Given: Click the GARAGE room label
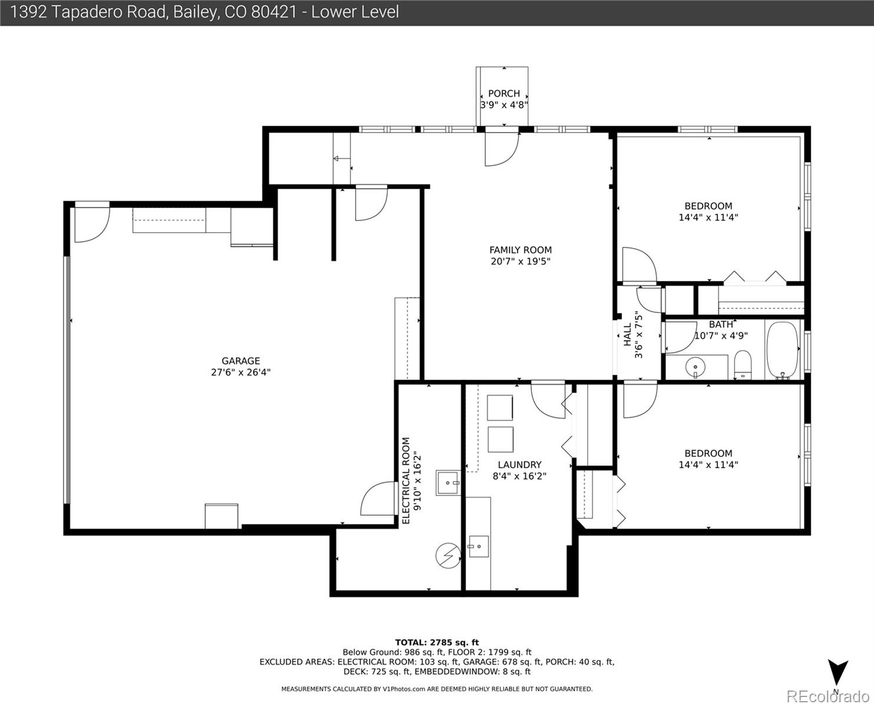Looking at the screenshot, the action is coord(241,361).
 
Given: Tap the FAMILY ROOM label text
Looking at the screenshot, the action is coord(520,250).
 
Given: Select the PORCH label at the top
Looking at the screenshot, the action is coord(504,94).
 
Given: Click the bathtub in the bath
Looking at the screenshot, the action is coord(782,350).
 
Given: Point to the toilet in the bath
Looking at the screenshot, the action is coord(742,365).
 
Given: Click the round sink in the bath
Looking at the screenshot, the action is coord(695,366).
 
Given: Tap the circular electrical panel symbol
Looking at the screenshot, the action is coord(448,556).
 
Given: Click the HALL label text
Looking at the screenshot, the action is coord(627,335).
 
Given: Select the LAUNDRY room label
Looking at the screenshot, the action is coord(519,464).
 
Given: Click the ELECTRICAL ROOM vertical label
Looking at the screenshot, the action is coord(406,481).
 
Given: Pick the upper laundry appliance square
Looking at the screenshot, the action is coord(500,408).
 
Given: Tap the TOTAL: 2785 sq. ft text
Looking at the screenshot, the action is coord(437,642).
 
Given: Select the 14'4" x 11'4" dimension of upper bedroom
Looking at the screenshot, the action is coord(709,217).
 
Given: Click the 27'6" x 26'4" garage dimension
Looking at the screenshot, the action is coord(241,372).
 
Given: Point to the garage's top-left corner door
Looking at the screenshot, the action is coord(92,225).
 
